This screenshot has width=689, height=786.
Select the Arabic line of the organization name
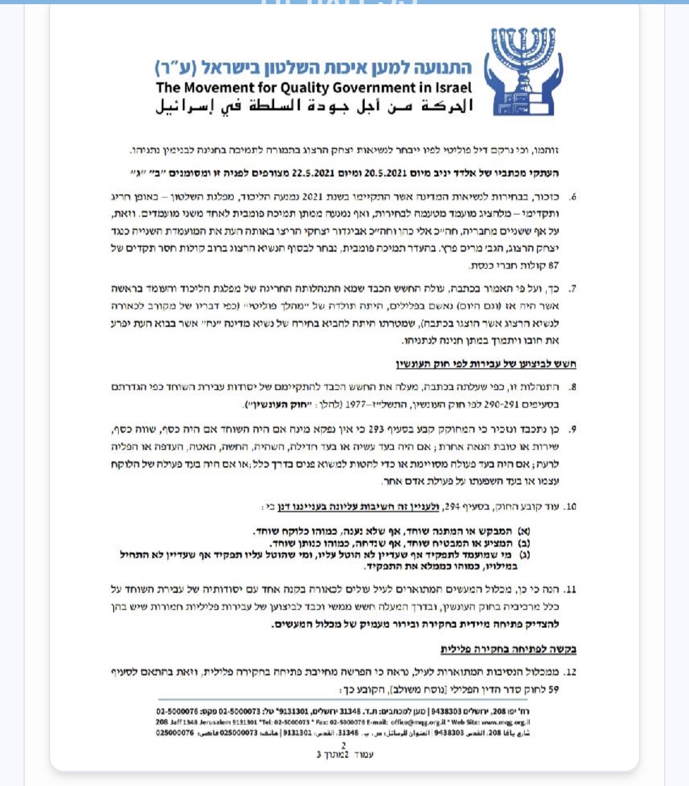[x=314, y=105]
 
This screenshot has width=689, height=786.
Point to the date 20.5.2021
[x=388, y=173]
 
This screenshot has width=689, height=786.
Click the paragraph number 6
[x=573, y=197]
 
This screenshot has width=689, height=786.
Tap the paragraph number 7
[x=573, y=289]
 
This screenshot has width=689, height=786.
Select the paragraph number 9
[x=573, y=430]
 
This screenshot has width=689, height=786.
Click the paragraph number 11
[x=571, y=590]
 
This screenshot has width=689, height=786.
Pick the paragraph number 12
[x=571, y=672]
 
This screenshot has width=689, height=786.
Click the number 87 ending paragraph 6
[x=553, y=266]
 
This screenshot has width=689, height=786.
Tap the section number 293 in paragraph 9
[x=376, y=430]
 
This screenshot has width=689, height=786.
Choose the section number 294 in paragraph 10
[x=452, y=506]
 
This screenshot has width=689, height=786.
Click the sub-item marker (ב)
[x=524, y=543]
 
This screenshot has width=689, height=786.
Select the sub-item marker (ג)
[x=524, y=555]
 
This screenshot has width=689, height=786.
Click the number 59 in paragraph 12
[x=553, y=689]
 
